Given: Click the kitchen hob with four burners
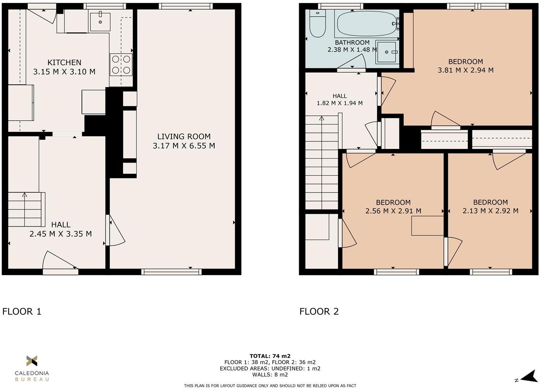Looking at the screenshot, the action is (x=121, y=65).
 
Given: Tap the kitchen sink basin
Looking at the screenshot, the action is (x=100, y=22).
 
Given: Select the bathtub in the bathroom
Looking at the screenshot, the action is (x=367, y=24).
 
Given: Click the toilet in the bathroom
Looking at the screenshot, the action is (x=317, y=24).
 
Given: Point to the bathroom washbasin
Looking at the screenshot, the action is (x=386, y=52).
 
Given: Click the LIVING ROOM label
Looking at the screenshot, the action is (x=184, y=137).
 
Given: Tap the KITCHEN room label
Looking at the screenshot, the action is (x=64, y=63).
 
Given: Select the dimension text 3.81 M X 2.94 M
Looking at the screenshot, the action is (x=466, y=70).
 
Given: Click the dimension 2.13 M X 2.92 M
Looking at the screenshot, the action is (x=490, y=211).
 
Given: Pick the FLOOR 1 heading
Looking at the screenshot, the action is (x=22, y=311).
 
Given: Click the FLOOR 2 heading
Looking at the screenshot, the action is (x=319, y=311).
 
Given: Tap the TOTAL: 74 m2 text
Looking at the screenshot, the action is (x=270, y=356).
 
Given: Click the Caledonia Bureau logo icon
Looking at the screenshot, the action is (x=32, y=361).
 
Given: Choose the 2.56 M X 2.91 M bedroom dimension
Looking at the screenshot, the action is (x=393, y=211).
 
